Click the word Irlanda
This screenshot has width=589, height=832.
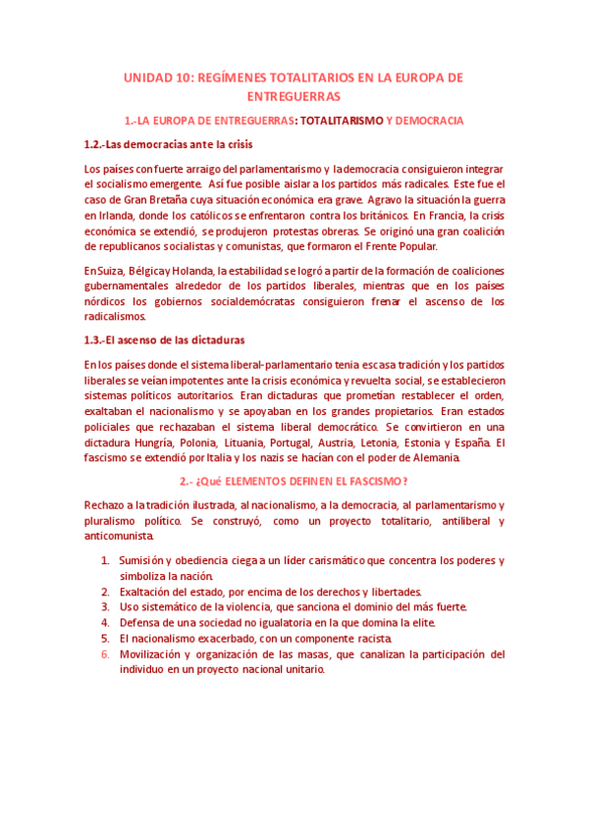105,215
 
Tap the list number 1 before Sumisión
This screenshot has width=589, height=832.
105,561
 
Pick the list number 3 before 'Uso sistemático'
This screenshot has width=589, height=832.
105,607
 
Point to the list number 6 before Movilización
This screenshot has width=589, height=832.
105,654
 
